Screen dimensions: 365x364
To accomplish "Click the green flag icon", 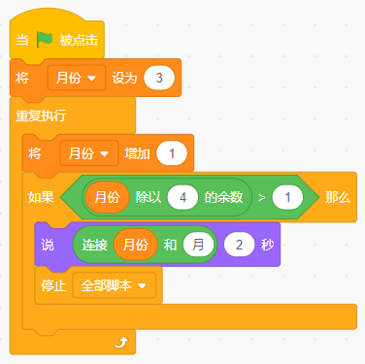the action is click(43, 41).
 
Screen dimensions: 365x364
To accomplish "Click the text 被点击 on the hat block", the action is click(78, 41).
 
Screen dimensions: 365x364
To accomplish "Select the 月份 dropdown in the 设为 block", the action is click(76, 77).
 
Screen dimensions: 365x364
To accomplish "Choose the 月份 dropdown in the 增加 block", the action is click(87, 153).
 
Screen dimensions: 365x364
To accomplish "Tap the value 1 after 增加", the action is click(171, 153).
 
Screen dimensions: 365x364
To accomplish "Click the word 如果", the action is click(42, 197).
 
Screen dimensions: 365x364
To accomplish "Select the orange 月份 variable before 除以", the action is click(106, 197).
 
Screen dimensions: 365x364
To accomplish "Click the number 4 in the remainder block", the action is click(181, 197).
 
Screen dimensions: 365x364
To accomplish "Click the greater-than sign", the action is click(261, 197).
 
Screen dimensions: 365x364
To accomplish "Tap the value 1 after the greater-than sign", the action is click(287, 197).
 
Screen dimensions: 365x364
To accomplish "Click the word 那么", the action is click(337, 197).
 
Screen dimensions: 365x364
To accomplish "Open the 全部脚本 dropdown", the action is click(115, 285).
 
